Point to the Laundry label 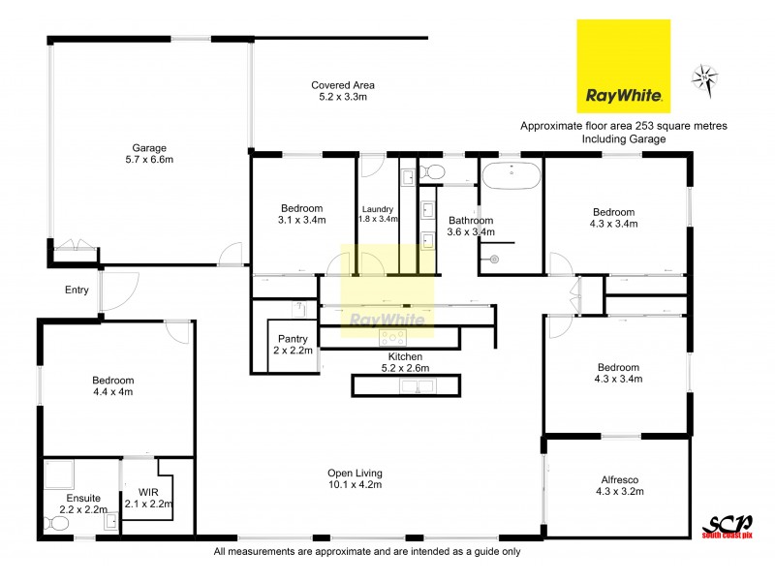point(377,209)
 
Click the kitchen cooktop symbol point(393,338)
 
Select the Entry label point(77,290)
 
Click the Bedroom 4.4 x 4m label point(112,385)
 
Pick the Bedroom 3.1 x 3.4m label point(302,214)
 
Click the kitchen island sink point(419,386)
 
